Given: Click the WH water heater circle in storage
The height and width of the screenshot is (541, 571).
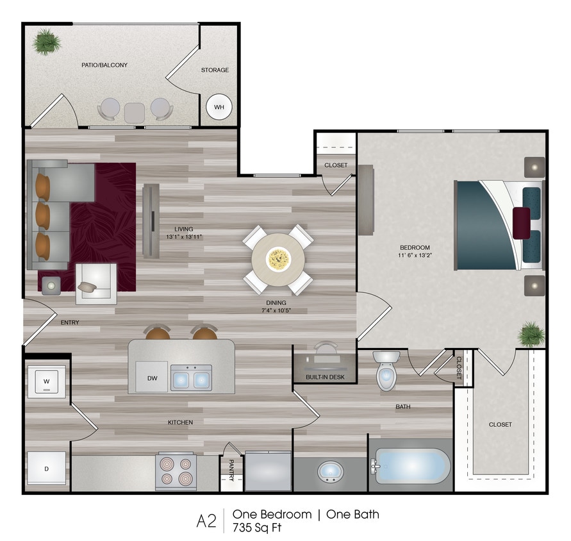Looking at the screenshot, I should (x=219, y=107).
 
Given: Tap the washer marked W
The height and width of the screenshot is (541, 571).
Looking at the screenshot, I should (x=46, y=381).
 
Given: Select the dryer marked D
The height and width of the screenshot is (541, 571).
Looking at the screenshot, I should (x=46, y=469).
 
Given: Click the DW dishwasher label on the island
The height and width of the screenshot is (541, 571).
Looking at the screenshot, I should (x=153, y=378).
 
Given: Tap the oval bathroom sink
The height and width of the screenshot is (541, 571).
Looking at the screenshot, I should (x=331, y=472).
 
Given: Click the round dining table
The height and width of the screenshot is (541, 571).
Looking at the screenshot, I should (x=279, y=260).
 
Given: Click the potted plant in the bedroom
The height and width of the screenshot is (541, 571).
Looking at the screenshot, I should (x=531, y=334).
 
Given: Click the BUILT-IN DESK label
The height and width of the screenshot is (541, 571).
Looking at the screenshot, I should (x=325, y=377).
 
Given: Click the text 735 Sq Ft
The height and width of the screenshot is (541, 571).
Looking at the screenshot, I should (x=257, y=528).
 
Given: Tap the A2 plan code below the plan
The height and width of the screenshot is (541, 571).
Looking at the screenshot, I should (x=207, y=520).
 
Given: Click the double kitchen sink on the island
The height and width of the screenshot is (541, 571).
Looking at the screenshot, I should (x=191, y=378).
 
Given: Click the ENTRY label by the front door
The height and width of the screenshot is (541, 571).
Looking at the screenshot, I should (x=70, y=322).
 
